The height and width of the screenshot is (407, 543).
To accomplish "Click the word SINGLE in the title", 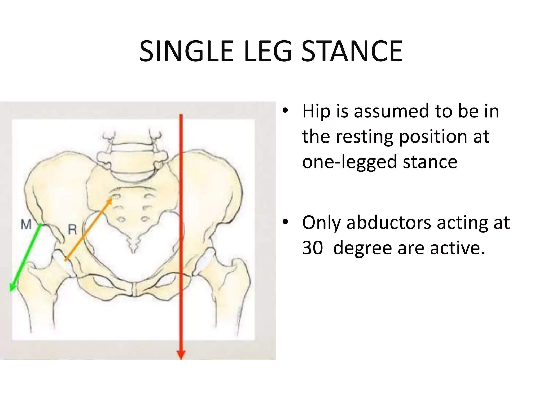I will click(186, 52).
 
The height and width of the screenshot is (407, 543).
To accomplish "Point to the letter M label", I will click(26, 225).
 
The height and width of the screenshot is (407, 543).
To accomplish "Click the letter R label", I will click(72, 229).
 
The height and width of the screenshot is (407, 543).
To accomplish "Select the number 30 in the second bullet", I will click(312, 248).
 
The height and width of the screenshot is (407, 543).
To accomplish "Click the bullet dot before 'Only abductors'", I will click(285, 223).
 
